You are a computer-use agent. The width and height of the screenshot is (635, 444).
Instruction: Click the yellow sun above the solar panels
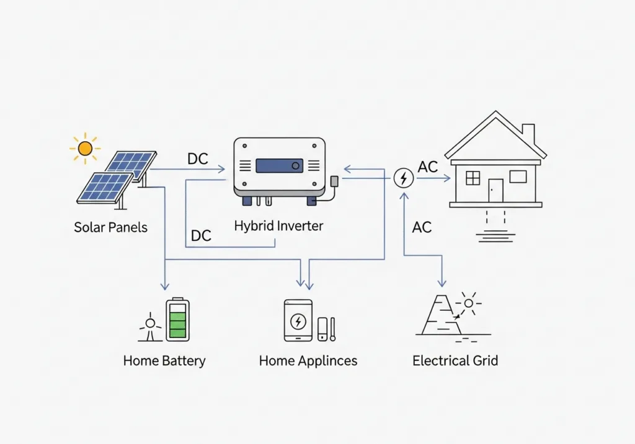pyautogui.click(x=85, y=148)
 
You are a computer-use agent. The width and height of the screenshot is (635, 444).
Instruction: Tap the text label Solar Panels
pyautogui.click(x=111, y=227)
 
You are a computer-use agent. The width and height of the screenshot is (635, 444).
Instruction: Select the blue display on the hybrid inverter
pyautogui.click(x=279, y=165)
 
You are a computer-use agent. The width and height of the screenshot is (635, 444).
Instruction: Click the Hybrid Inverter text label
pyautogui.click(x=278, y=226)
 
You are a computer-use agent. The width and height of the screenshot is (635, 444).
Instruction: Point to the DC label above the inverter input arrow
pyautogui.click(x=198, y=159)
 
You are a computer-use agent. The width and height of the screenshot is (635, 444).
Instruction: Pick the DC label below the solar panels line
pyautogui.click(x=201, y=236)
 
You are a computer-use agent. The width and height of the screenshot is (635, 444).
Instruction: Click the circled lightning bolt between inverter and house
pyautogui.click(x=404, y=178)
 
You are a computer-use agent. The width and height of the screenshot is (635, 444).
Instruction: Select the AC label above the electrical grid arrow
pyautogui.click(x=422, y=227)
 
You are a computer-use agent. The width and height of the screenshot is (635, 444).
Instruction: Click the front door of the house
pyautogui.click(x=495, y=190)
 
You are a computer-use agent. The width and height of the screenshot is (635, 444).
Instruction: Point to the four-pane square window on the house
pyautogui.click(x=473, y=178)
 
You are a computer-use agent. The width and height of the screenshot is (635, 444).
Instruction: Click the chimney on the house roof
pyautogui.click(x=528, y=133)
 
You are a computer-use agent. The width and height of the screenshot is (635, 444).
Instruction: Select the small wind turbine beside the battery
pyautogui.click(x=149, y=328)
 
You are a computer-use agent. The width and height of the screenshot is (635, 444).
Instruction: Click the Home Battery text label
pyautogui.click(x=164, y=360)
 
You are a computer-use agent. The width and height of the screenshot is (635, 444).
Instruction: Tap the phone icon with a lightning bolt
pyautogui.click(x=298, y=321)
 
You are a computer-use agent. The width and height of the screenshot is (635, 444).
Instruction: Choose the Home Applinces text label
pyautogui.click(x=308, y=360)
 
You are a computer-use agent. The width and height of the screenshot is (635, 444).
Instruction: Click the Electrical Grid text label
pyautogui.click(x=455, y=360)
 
